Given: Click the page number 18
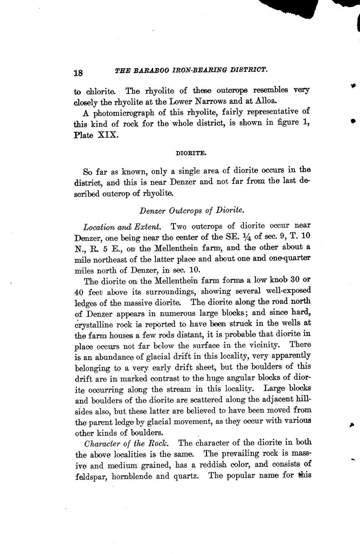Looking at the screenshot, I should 78,73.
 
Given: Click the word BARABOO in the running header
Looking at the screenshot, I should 147,71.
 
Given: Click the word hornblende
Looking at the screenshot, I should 133,477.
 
